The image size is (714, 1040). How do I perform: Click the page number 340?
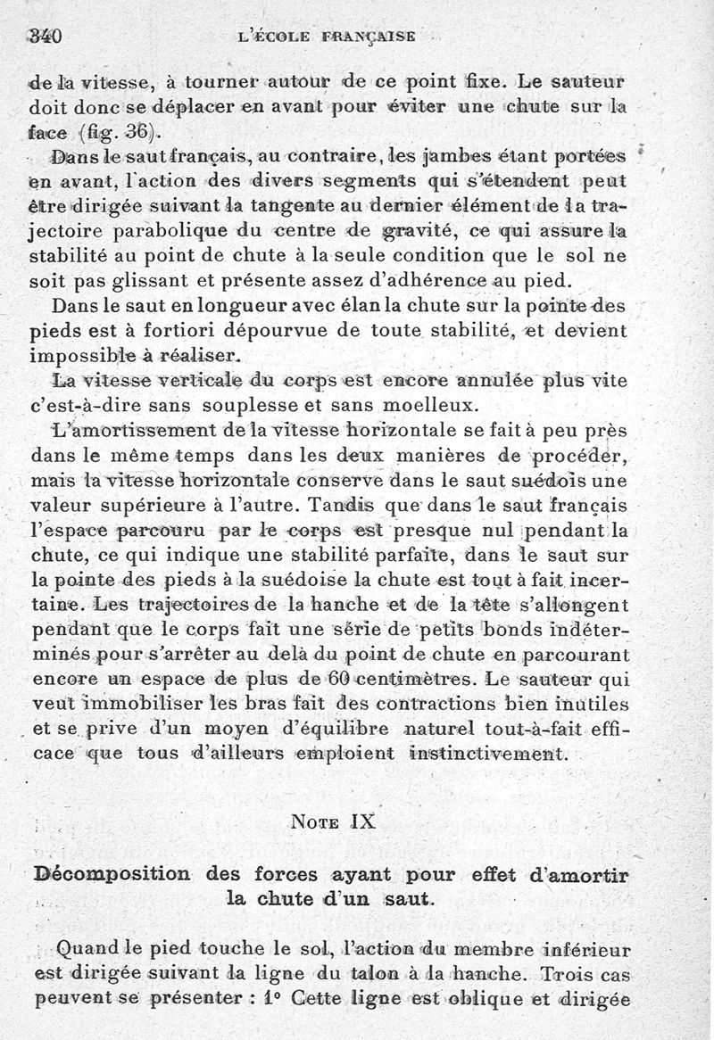[44, 37]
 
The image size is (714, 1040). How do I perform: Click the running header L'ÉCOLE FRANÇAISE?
[327, 37]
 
